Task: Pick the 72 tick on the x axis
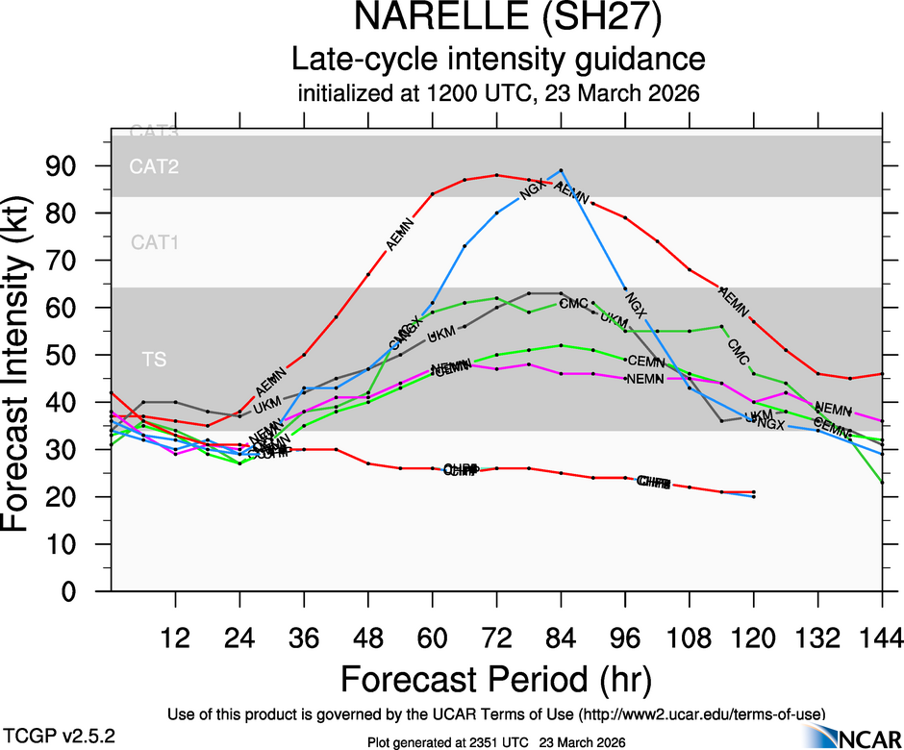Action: pyautogui.click(x=496, y=637)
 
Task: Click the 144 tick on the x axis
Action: pyautogui.click(x=882, y=637)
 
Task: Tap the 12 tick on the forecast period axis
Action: pyautogui.click(x=175, y=637)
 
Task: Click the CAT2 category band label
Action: pyautogui.click(x=155, y=167)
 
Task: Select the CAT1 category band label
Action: pyautogui.click(x=155, y=242)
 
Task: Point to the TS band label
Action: pyautogui.click(x=154, y=360)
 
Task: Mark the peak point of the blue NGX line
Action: pyautogui.click(x=561, y=170)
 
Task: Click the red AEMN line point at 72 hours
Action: pyautogui.click(x=496, y=175)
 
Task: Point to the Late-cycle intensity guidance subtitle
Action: pyautogui.click(x=498, y=60)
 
